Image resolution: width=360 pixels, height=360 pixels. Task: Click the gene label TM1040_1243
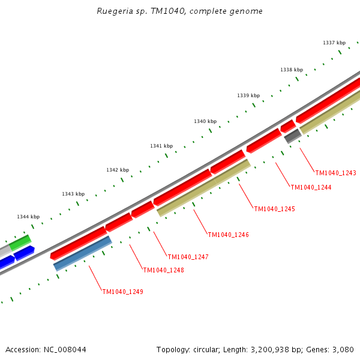click(x=335, y=173)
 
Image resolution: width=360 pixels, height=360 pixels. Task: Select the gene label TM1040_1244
click(x=311, y=187)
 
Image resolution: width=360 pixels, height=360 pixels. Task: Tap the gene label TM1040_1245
click(x=274, y=209)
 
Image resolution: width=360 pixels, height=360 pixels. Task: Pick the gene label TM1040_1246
click(x=228, y=235)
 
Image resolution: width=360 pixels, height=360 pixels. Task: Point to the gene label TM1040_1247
click(x=188, y=257)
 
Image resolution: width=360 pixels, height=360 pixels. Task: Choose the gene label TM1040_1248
click(x=163, y=270)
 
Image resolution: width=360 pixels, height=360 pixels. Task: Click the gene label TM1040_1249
click(x=122, y=292)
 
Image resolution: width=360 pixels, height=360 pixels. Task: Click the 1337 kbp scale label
click(x=334, y=43)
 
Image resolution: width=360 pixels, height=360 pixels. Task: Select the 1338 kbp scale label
click(x=292, y=70)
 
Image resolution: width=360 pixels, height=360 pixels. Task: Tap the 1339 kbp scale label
click(x=248, y=95)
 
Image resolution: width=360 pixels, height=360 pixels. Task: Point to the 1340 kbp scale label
click(x=205, y=121)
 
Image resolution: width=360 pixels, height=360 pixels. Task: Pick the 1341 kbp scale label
click(x=161, y=146)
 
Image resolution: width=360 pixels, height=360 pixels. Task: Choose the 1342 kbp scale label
click(x=118, y=170)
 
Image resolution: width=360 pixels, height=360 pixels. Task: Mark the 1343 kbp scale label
click(x=73, y=194)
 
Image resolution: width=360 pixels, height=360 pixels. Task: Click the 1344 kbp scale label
click(x=28, y=217)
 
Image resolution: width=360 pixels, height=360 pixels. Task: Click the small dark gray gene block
click(x=292, y=136)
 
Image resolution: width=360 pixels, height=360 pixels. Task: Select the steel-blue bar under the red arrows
click(x=82, y=253)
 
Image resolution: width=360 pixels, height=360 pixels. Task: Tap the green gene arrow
click(x=20, y=242)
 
